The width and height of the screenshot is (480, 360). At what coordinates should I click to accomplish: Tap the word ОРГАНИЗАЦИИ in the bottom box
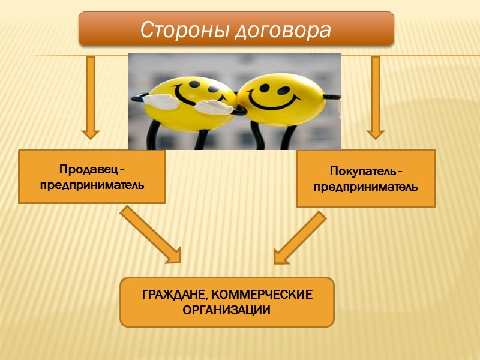coord(227,311)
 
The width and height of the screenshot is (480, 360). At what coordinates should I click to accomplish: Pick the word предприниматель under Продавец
coord(92,185)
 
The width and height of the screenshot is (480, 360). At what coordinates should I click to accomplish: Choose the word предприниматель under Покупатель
coord(366,187)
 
